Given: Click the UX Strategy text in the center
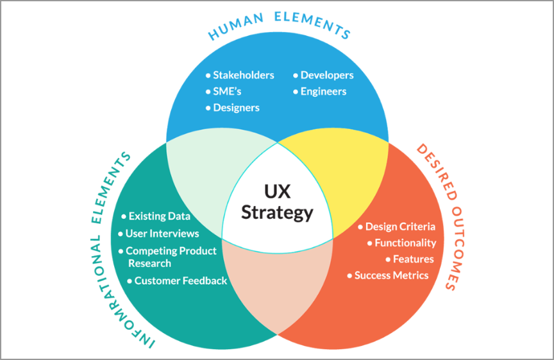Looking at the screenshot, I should (x=277, y=201).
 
